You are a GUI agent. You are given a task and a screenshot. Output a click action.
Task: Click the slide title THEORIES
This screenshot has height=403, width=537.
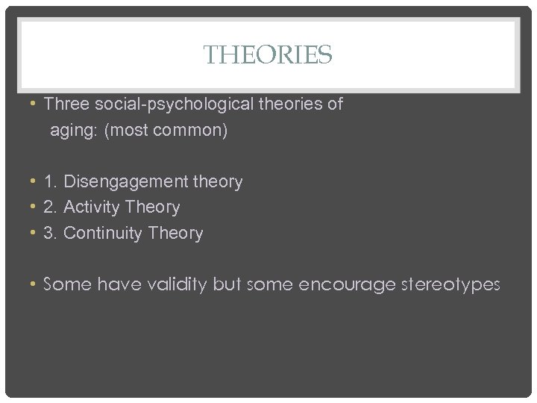(x=268, y=54)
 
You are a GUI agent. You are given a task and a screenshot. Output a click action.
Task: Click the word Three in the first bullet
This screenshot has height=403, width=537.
(x=65, y=104)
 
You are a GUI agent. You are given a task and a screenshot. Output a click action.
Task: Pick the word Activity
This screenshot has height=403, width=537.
(x=92, y=207)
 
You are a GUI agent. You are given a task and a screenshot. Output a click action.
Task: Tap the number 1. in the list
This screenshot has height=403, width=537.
(x=51, y=181)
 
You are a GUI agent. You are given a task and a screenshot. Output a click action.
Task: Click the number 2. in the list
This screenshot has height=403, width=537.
(x=51, y=207)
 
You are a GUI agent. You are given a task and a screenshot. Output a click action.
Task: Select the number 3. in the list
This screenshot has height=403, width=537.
(x=51, y=233)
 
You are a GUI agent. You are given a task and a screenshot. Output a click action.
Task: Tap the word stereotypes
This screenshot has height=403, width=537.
(x=452, y=284)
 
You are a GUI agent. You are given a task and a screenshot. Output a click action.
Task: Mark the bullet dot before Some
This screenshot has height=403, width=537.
(x=34, y=284)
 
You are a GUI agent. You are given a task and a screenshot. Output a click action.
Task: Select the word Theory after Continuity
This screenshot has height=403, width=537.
(x=175, y=233)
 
